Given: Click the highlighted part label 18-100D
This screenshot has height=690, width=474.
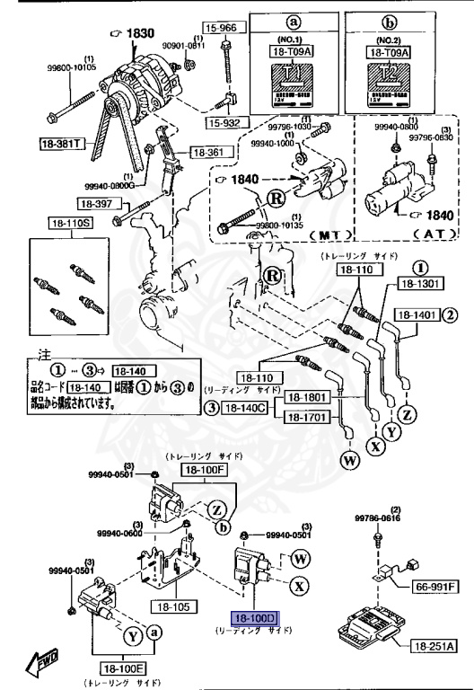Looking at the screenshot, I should click(x=257, y=619).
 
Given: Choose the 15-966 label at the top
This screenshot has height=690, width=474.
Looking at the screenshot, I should click(x=220, y=28).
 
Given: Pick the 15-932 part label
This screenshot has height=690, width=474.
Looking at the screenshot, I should click(x=224, y=121).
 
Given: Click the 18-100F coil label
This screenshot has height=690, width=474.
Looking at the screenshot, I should click(x=206, y=469).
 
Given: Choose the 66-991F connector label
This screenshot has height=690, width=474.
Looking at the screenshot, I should click(x=435, y=587).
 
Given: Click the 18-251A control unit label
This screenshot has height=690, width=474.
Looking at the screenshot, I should click(x=435, y=647).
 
